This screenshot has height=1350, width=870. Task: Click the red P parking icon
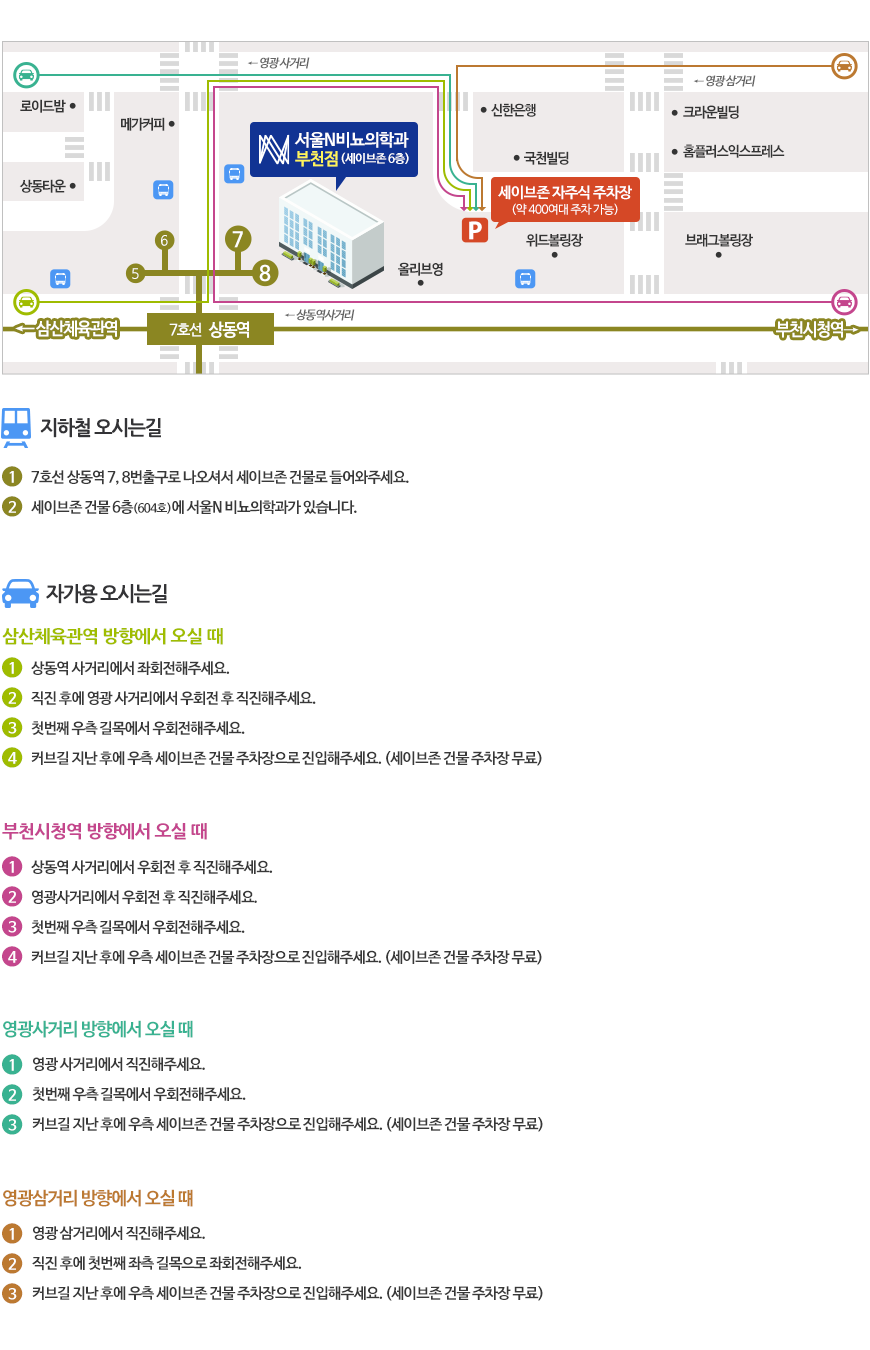474,231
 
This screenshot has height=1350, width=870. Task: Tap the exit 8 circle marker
264,272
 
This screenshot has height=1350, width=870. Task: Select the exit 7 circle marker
237,239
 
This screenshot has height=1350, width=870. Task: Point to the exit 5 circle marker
135,273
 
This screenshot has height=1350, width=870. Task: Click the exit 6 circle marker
164,240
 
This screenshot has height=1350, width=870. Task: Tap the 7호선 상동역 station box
210,329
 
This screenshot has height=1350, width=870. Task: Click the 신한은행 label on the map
514,111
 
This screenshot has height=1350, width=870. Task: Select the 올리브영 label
421,269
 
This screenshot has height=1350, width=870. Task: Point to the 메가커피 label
142,125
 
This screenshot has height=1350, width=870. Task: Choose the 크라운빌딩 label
711,113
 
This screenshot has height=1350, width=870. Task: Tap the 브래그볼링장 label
719,240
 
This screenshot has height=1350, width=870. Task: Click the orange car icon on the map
844,66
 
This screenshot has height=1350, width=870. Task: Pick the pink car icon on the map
844,301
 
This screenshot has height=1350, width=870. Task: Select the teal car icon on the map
26,74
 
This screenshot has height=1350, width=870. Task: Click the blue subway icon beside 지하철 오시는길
16,427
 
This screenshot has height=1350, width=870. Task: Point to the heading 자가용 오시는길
106,593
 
